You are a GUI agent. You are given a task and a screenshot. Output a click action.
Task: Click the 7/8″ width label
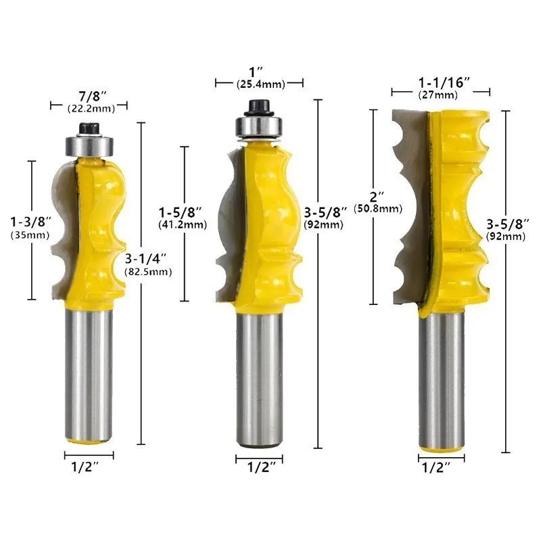pyautogui.click(x=88, y=95)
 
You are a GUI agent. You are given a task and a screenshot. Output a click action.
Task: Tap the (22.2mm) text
pyautogui.click(x=89, y=108)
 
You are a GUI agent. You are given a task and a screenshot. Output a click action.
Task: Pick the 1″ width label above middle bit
pyautogui.click(x=259, y=72)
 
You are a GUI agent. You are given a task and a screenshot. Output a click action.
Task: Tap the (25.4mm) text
pyautogui.click(x=260, y=84)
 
